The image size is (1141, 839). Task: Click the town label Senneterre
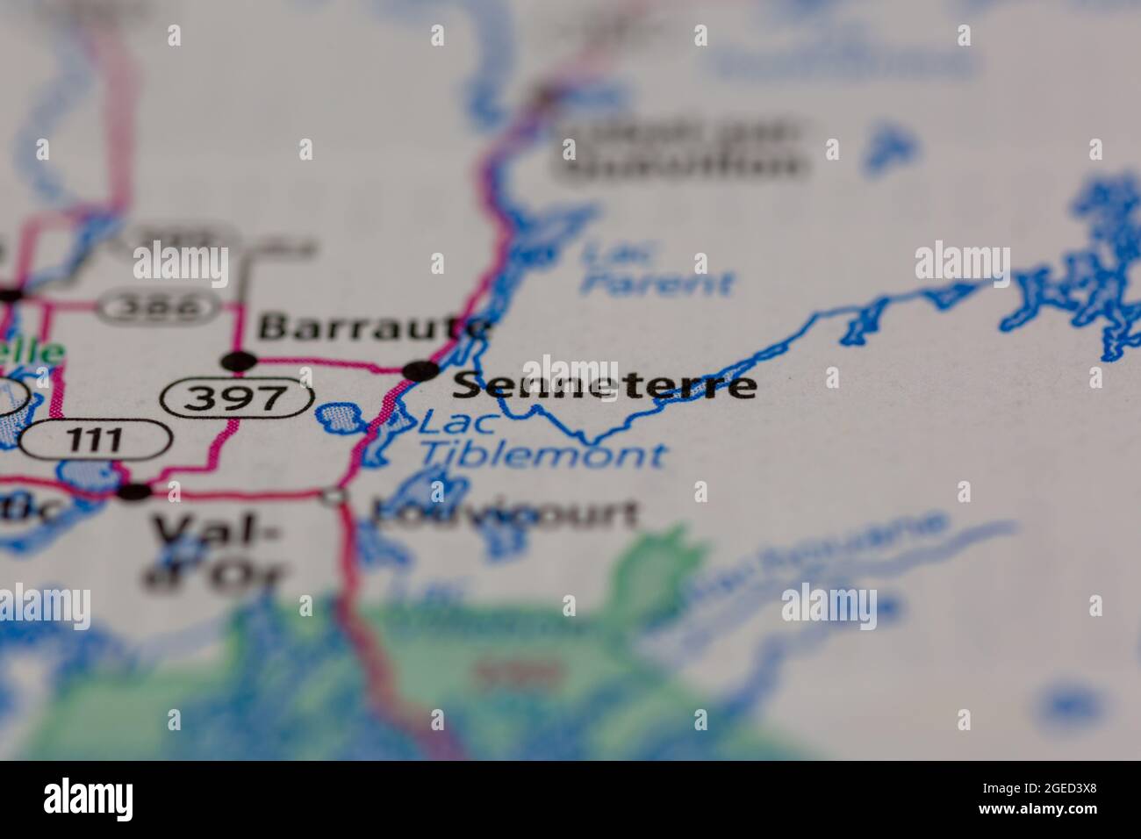[606, 385]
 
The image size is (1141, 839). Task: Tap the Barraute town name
[374, 327]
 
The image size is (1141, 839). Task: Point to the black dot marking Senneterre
[421, 371]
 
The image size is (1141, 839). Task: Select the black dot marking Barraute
[239, 361]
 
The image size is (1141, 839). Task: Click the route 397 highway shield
[238, 398]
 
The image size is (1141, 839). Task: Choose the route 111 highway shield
[95, 438]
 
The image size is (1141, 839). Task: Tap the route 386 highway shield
[159, 307]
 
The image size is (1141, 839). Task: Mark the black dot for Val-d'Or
[134, 491]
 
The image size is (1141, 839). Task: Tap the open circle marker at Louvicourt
[334, 498]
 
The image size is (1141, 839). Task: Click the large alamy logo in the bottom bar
[89, 799]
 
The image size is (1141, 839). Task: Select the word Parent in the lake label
[657, 283]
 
